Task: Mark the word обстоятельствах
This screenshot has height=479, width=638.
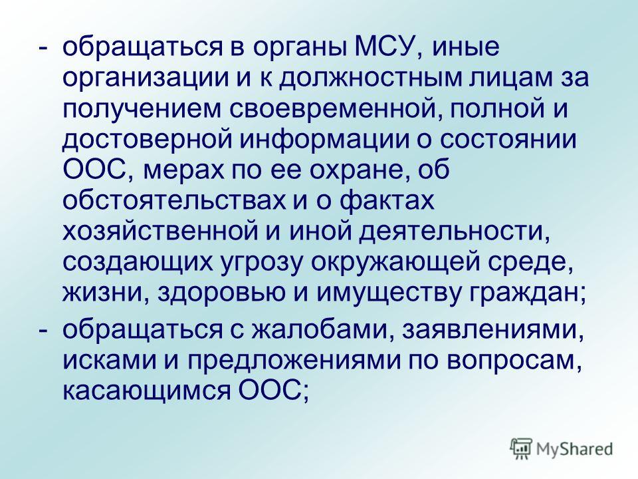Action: [x=173, y=202]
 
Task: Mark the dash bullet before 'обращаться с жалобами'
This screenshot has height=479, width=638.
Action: [x=43, y=331]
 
